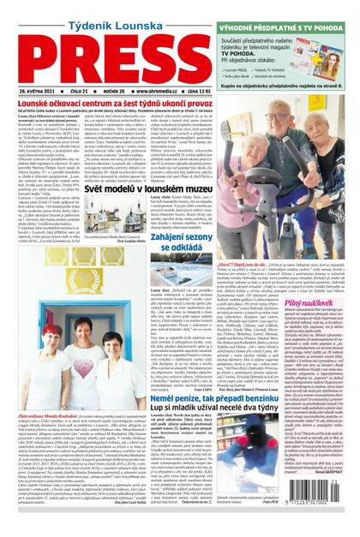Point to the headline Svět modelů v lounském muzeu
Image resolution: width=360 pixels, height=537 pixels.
(x=173, y=187)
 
